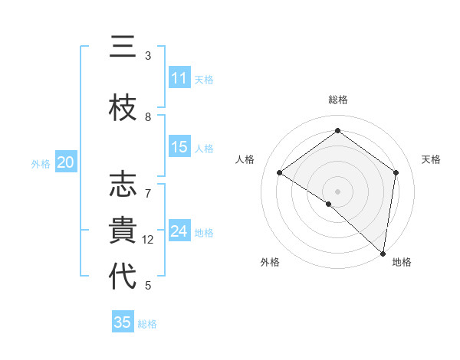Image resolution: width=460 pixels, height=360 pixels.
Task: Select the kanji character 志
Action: click(x=123, y=186)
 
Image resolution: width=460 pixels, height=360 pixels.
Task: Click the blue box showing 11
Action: click(x=179, y=78)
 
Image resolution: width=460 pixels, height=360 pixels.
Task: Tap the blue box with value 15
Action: click(x=179, y=147)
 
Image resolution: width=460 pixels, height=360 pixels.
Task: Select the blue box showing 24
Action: click(x=179, y=231)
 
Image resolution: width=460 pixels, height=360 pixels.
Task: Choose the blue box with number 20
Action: click(x=65, y=162)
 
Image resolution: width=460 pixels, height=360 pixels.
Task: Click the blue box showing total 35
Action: click(x=123, y=322)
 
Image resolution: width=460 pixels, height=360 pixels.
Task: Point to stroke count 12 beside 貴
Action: click(x=148, y=240)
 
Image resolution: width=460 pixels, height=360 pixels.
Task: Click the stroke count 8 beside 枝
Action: click(x=148, y=117)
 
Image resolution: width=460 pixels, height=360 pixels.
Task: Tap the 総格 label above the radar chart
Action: click(x=337, y=100)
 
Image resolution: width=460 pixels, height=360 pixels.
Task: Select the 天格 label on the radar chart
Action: click(x=431, y=159)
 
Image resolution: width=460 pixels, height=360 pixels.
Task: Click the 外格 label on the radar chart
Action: click(x=270, y=262)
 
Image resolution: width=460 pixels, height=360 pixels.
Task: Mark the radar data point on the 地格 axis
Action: click(x=383, y=253)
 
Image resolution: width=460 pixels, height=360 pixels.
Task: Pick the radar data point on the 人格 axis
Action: click(x=280, y=172)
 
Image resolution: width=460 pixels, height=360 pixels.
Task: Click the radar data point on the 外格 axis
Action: click(x=328, y=204)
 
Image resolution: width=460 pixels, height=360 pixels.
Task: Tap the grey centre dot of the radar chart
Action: click(x=337, y=191)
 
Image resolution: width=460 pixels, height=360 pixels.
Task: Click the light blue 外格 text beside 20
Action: click(x=41, y=163)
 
